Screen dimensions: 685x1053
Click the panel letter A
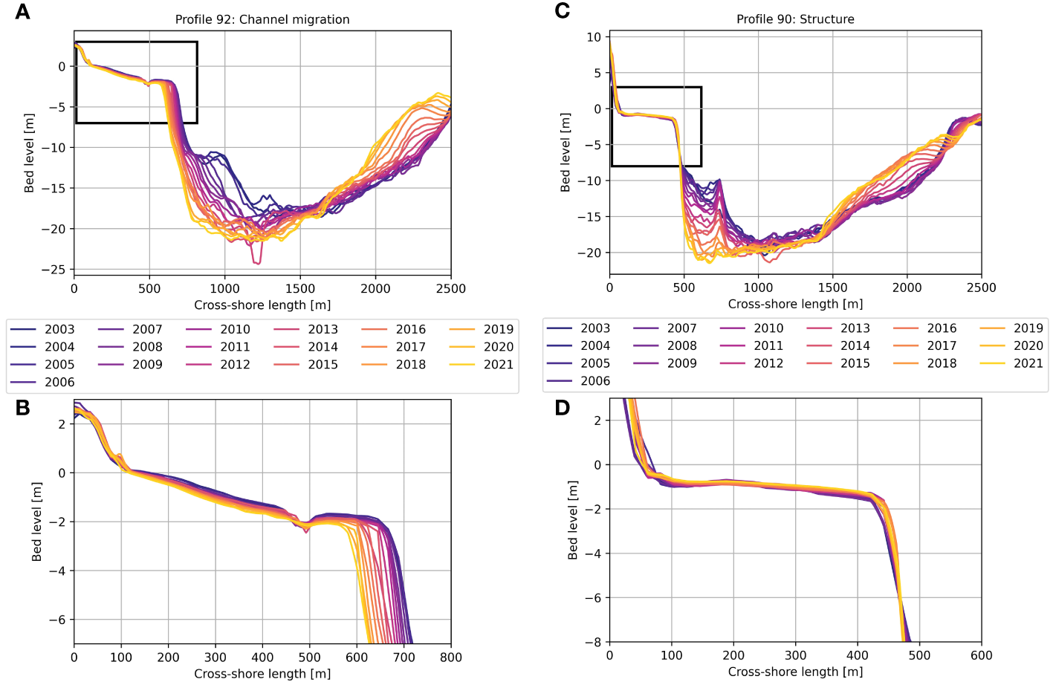pos(22,12)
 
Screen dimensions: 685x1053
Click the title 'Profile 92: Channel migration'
pos(262,19)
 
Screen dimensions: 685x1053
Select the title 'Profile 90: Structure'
pos(795,19)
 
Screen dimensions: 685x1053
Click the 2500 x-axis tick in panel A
pos(451,289)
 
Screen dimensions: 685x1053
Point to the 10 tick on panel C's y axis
pos(594,37)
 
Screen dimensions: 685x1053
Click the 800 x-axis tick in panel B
pos(451,658)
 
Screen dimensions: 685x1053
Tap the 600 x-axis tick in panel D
pos(981,655)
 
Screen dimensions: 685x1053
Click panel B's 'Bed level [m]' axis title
pos(36,522)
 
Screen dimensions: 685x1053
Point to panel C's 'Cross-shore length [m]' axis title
pos(795,304)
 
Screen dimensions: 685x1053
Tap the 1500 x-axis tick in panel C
pos(832,288)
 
